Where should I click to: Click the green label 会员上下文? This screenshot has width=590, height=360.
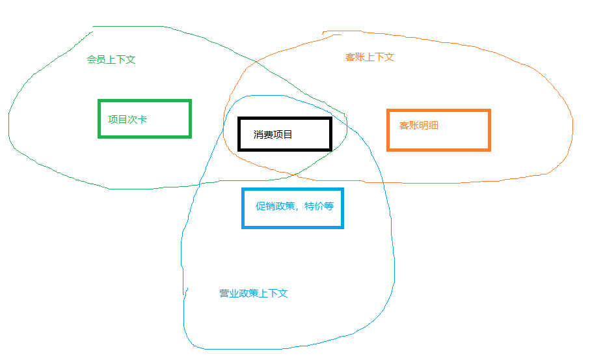[111, 59]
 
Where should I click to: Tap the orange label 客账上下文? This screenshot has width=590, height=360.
[369, 57]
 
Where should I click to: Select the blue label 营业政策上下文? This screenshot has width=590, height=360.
[253, 293]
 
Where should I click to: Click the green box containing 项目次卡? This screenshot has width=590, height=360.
[144, 118]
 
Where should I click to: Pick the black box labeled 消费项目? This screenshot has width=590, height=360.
[285, 134]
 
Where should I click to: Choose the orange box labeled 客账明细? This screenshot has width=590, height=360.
[438, 130]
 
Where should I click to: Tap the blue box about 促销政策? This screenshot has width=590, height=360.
[292, 208]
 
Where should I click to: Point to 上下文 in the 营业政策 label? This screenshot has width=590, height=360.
[273, 293]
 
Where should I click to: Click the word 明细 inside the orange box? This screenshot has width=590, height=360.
[429, 125]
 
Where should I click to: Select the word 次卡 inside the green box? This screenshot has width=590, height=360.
[137, 119]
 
